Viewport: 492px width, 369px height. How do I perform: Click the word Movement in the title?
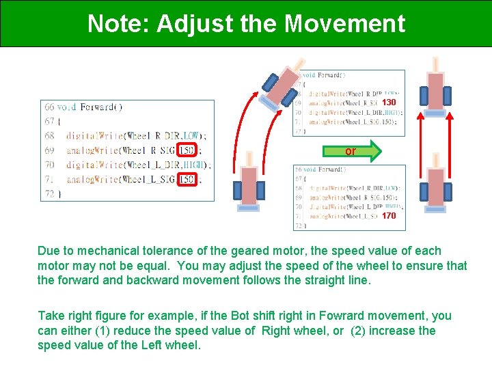pyautogui.click(x=345, y=24)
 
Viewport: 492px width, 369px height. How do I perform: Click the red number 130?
pyautogui.click(x=389, y=102)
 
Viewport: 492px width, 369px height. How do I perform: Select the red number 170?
pyautogui.click(x=388, y=216)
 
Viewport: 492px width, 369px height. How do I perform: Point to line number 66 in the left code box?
pyautogui.click(x=49, y=107)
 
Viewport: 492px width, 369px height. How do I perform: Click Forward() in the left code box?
pyautogui.click(x=101, y=107)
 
